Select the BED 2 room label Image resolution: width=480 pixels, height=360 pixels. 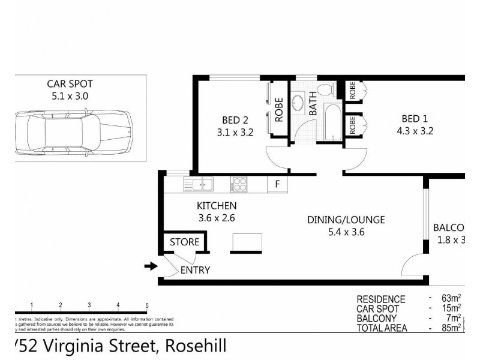pyautogui.click(x=230, y=120)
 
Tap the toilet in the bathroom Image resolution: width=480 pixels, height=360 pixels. pyautogui.click(x=324, y=90)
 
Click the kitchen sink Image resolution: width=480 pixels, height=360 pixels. pyautogui.click(x=198, y=184)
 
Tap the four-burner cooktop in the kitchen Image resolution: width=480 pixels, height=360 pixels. pyautogui.click(x=240, y=184)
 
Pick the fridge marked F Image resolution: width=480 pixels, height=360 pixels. pyautogui.click(x=277, y=184)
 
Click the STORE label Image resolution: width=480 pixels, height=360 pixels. pyautogui.click(x=184, y=243)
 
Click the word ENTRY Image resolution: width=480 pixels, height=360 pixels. pyautogui.click(x=195, y=271)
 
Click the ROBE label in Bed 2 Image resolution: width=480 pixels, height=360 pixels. pyautogui.click(x=279, y=110)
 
